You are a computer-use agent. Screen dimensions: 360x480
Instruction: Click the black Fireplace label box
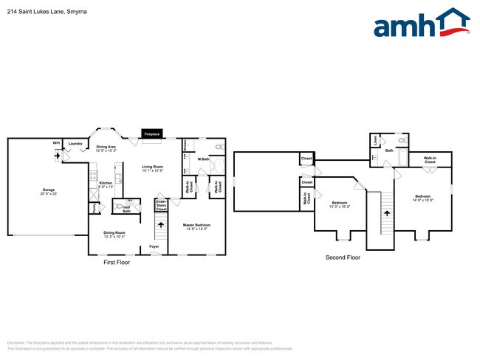[152, 134]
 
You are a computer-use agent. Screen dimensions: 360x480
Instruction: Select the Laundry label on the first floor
[75, 144]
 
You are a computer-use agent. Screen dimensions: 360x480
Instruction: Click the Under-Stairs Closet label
[161, 204]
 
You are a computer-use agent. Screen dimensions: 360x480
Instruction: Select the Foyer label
[154, 246]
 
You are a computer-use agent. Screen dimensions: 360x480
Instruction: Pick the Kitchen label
[106, 184]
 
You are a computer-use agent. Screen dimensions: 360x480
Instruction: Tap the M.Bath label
[204, 159]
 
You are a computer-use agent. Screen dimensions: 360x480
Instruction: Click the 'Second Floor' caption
[343, 257]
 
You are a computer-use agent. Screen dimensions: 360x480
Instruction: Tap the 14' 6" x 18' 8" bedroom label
[423, 198]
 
